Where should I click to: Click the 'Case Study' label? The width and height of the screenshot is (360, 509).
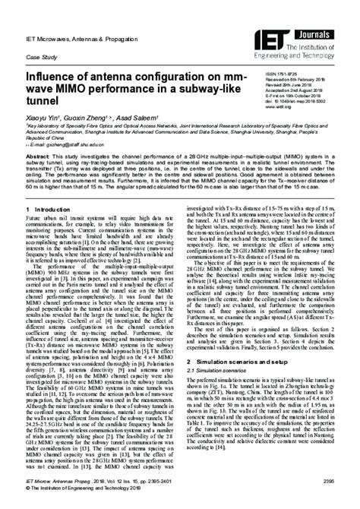tap(42, 58)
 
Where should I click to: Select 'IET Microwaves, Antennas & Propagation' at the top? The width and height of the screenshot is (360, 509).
tap(83, 38)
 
